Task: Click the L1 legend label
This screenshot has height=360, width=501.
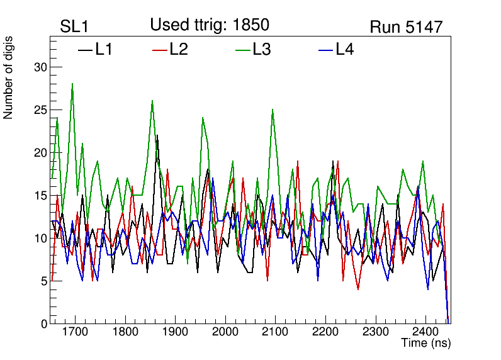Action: [104, 49]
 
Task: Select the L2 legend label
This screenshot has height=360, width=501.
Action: [179, 49]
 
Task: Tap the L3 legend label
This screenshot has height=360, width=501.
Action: [261, 49]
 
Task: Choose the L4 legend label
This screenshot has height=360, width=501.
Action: [344, 49]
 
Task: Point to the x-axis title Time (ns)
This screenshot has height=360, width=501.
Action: [426, 344]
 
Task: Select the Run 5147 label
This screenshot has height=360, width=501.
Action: [406, 27]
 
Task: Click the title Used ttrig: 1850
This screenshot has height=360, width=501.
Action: [210, 25]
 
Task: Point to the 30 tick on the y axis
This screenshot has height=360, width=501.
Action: [39, 67]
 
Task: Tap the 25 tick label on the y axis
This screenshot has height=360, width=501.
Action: [39, 110]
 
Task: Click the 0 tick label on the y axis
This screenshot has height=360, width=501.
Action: [43, 324]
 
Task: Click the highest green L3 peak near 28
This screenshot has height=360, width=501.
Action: [72, 84]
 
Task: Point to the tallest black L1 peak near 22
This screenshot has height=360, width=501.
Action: [157, 135]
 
